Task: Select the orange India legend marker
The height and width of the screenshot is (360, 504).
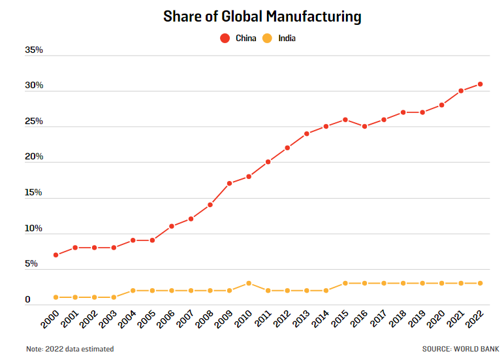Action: [x=267, y=39]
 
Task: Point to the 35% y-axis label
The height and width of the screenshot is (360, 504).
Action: [x=33, y=50]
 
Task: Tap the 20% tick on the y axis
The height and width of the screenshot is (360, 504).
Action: [x=33, y=157]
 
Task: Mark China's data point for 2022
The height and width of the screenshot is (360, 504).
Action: [x=480, y=84]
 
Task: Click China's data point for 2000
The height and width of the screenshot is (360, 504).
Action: [x=56, y=255]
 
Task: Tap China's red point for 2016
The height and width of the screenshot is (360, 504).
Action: [x=364, y=127]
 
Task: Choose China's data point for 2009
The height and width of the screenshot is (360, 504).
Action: [x=229, y=184]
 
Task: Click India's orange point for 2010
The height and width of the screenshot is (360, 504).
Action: [x=249, y=283]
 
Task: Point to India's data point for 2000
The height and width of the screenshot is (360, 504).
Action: [x=56, y=297]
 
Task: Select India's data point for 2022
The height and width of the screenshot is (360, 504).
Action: [x=480, y=283]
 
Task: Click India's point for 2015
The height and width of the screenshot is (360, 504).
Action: [x=345, y=283]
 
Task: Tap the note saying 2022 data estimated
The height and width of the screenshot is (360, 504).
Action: [x=70, y=349]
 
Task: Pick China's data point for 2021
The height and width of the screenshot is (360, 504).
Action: [x=461, y=91]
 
